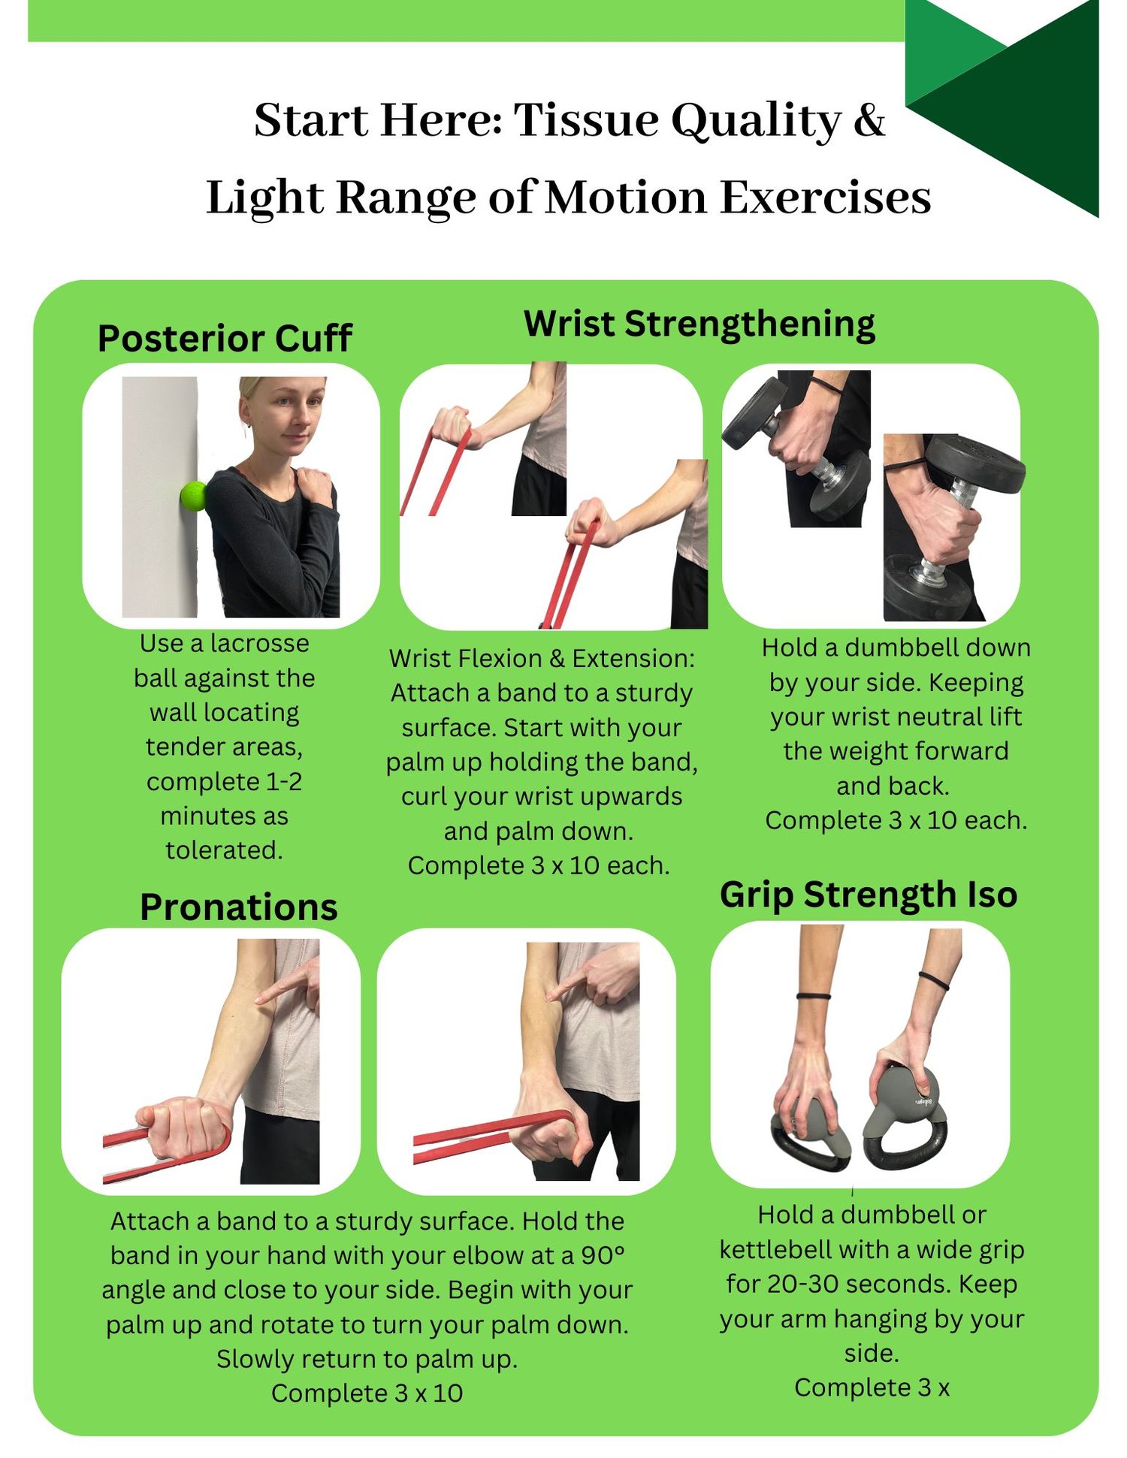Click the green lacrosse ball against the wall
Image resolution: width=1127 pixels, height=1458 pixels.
pos(194,496)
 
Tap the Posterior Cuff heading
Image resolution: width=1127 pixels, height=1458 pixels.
pos(225,338)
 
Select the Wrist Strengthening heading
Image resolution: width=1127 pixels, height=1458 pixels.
pos(699,325)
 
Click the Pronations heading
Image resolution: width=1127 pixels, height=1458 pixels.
pos(239,907)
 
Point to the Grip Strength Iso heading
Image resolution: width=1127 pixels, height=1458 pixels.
pos(869,895)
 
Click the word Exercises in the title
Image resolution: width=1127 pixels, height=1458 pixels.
pos(826,198)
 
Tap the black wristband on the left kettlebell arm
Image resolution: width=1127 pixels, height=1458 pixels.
pos(814,996)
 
